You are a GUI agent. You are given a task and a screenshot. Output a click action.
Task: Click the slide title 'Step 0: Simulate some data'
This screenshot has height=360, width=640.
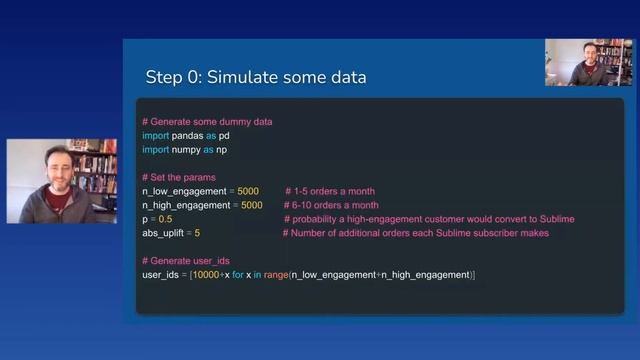[x=256, y=78]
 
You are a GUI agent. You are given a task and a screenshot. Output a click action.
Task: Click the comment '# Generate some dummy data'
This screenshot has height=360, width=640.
[x=207, y=122]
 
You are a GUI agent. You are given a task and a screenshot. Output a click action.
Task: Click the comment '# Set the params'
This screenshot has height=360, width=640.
[x=179, y=177]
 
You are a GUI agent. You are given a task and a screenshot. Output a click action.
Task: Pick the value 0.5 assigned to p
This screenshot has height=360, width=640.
[x=165, y=219]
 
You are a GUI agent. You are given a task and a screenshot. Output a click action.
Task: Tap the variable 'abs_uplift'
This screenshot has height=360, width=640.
[x=165, y=233]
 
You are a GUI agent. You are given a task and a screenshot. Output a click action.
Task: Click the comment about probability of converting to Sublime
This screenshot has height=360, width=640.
[x=429, y=219]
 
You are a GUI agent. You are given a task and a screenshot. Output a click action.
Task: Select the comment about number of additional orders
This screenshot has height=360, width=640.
[x=416, y=233]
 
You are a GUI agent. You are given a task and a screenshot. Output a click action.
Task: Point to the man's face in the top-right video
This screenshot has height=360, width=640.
[x=589, y=57]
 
